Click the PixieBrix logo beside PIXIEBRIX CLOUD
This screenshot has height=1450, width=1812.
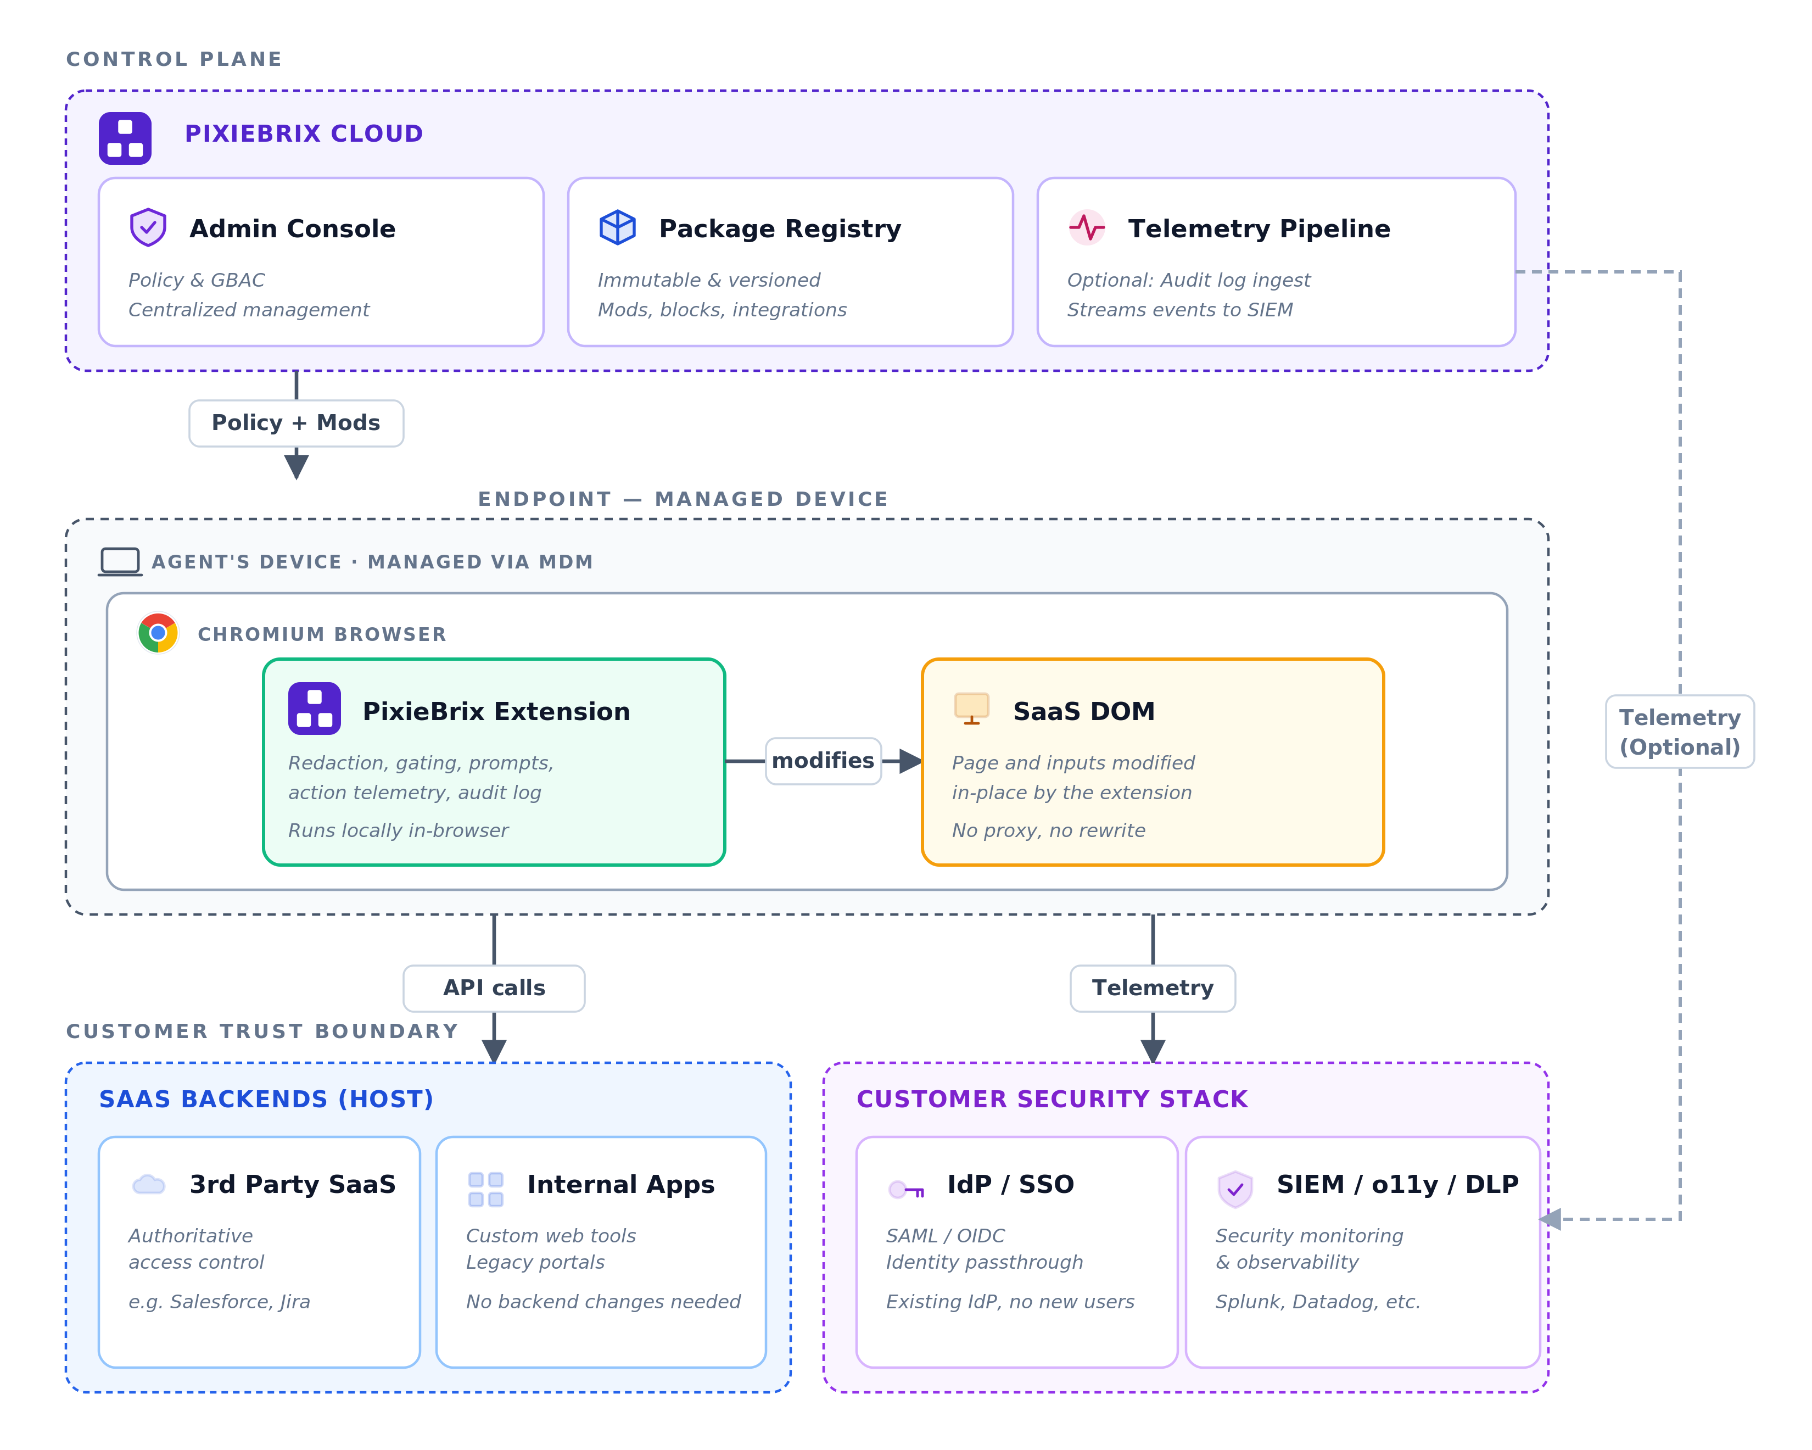tap(125, 138)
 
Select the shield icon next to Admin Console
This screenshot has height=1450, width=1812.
tap(148, 227)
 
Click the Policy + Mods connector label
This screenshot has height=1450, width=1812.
tap(296, 423)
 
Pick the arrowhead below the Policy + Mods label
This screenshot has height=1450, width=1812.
tap(296, 466)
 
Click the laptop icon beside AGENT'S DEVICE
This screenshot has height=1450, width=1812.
tap(120, 561)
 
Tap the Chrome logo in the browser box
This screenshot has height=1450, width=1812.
tap(158, 633)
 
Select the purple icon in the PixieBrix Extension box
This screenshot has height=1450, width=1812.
tap(314, 709)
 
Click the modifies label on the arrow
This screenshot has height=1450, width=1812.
tap(823, 761)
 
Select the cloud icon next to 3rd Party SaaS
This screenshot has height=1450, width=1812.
tap(149, 1184)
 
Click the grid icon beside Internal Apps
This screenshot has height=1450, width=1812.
tap(486, 1190)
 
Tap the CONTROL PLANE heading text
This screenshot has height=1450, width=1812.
tap(174, 59)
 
